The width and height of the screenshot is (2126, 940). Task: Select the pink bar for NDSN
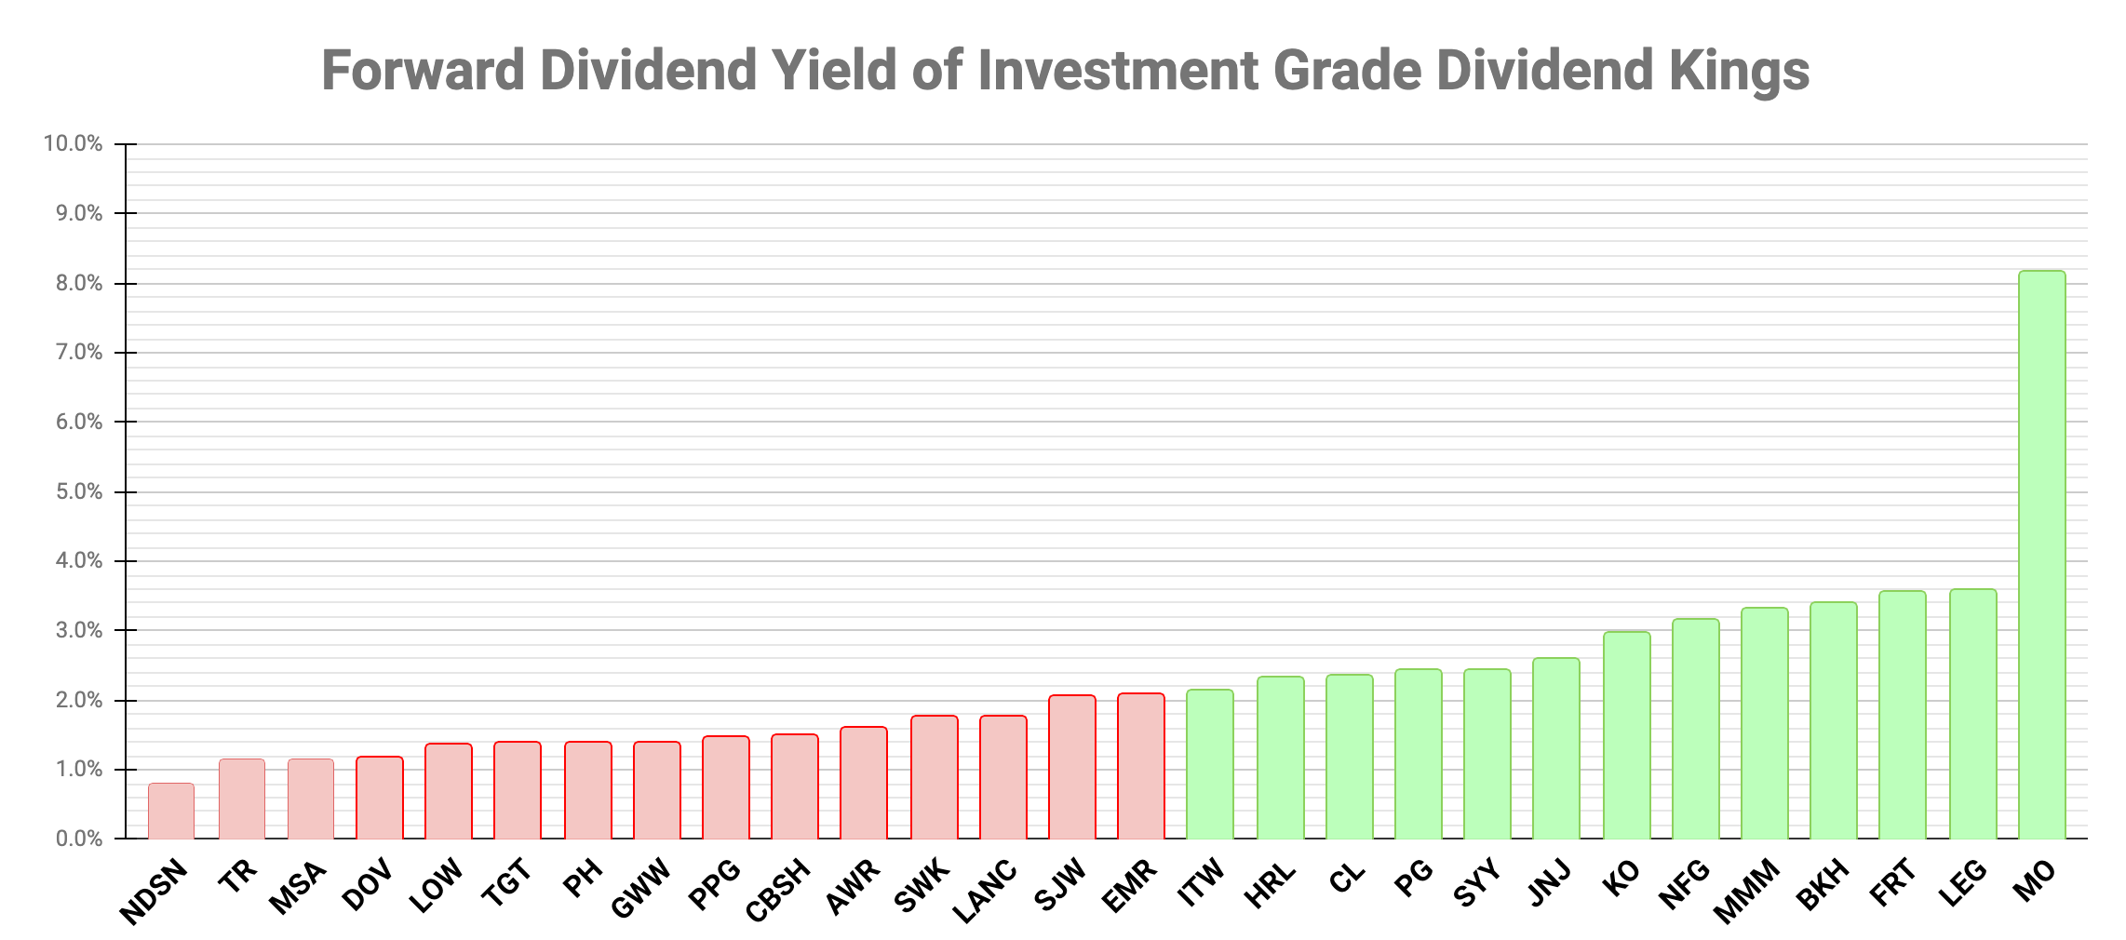tap(171, 811)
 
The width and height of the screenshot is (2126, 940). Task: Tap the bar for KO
tap(1626, 735)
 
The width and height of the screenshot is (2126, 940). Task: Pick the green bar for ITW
tap(1210, 764)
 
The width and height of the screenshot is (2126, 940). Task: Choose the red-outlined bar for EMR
tap(1141, 766)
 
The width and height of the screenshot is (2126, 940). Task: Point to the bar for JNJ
tap(1556, 748)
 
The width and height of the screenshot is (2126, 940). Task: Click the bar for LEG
tap(1972, 714)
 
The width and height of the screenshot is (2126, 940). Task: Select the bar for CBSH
tap(795, 786)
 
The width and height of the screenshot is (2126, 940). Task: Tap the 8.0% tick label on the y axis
tap(78, 284)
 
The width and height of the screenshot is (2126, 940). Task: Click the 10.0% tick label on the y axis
tap(73, 144)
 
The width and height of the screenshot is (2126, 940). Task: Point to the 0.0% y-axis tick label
tap(78, 839)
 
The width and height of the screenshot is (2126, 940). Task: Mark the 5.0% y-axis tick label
tap(78, 491)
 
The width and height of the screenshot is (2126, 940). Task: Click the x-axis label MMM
tap(1747, 891)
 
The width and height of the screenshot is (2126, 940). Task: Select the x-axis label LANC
tap(986, 893)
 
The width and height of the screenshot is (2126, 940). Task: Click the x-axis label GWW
tap(641, 888)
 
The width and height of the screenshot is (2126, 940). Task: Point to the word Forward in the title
tap(423, 71)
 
